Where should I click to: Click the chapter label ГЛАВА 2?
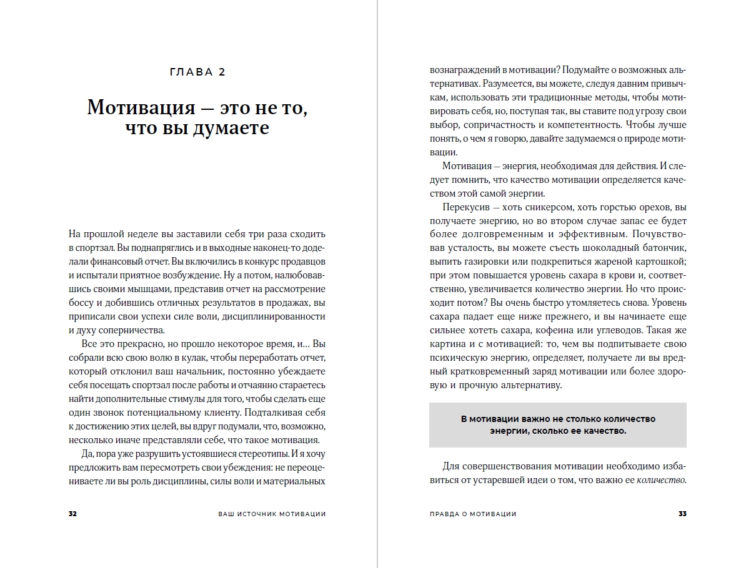197,72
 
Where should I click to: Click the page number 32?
72,514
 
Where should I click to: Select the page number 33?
682,514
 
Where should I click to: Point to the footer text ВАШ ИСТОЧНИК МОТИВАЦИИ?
272,514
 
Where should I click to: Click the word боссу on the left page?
82,303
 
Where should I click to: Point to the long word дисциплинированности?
279,316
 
